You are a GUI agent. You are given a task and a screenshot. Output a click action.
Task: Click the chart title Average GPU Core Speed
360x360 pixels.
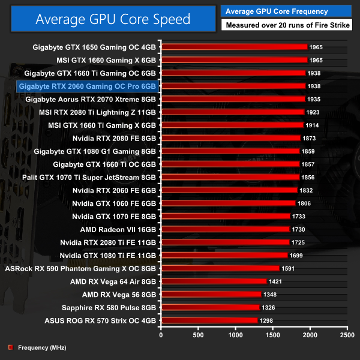tap(113, 19)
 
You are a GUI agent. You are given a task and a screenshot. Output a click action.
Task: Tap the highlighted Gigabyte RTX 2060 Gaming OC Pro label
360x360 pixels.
tap(88, 86)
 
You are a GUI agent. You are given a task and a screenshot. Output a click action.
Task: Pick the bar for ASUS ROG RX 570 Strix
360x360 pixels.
tap(209, 320)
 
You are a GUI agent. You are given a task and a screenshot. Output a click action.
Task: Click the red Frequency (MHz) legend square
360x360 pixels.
tap(10, 347)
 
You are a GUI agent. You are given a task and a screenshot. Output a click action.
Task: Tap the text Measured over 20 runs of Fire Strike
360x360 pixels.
tap(287, 25)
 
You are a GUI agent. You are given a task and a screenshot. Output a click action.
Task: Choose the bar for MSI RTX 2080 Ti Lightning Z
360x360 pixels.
tap(233, 112)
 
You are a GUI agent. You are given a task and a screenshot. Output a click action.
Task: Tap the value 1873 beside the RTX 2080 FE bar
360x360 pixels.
tap(310, 138)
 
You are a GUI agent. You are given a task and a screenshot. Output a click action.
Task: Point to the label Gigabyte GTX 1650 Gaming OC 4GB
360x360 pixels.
tap(95, 47)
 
